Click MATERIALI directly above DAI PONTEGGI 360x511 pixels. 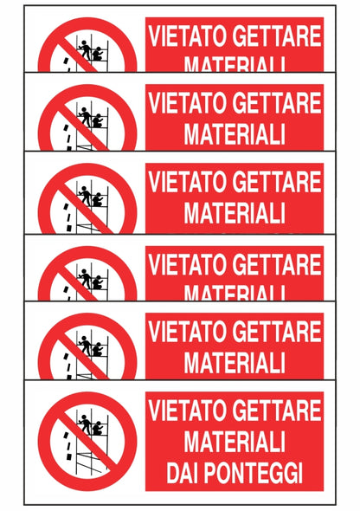click(x=235, y=443)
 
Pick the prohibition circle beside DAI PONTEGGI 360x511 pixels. click(x=87, y=442)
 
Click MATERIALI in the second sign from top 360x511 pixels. click(x=235, y=134)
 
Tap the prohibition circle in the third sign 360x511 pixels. click(x=87, y=197)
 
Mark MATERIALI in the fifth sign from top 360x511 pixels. click(x=235, y=359)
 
